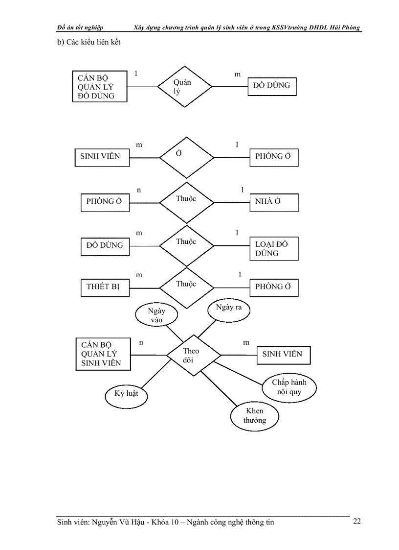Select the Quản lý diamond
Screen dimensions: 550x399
tap(185, 87)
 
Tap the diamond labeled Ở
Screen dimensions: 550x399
tap(187, 158)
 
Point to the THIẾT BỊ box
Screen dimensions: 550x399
tap(105, 287)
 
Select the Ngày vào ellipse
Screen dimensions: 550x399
tap(156, 315)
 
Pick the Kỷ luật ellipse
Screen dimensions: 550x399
tap(126, 394)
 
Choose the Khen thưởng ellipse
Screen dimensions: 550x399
tap(255, 416)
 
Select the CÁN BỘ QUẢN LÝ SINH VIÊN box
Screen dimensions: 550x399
tap(103, 354)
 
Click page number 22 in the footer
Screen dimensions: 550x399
tap(357, 521)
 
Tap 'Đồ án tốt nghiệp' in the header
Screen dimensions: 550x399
tap(80, 27)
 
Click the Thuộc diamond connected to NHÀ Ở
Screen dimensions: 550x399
tap(187, 202)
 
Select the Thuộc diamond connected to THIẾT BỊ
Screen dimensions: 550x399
tap(187, 287)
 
